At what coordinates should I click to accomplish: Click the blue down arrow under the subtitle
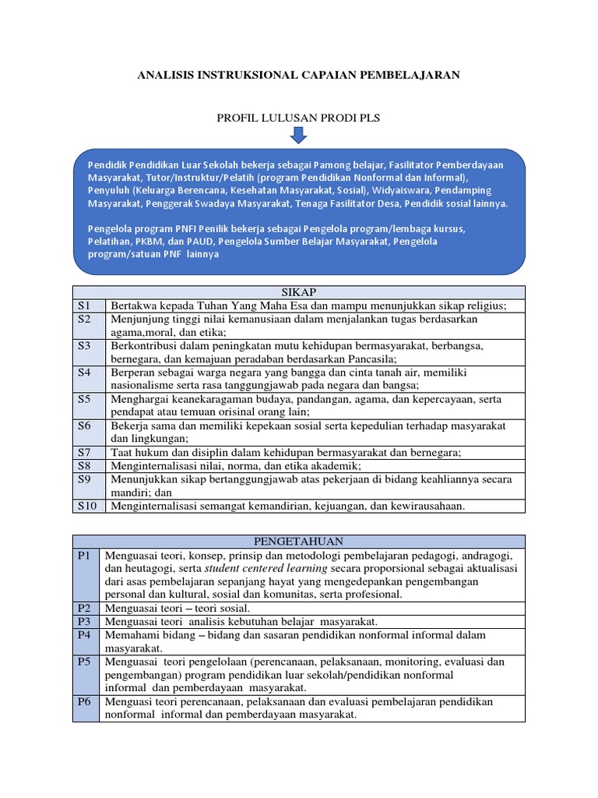tap(298, 136)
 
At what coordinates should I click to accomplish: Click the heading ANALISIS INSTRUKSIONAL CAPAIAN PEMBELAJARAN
tap(298, 76)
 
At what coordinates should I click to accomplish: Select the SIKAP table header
tap(299, 291)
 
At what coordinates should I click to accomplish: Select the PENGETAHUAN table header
tap(299, 541)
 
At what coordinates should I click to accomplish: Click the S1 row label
tap(85, 305)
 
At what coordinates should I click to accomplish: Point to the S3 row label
tap(85, 345)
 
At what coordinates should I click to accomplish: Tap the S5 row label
tap(85, 398)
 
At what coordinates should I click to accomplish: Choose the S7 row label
tap(85, 452)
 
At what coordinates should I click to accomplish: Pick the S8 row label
tap(85, 465)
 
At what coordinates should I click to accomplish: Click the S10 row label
tap(86, 506)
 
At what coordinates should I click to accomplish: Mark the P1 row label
tap(85, 555)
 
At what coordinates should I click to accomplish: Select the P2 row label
tap(85, 608)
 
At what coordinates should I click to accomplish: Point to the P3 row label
tap(85, 621)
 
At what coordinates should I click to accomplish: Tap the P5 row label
tap(85, 662)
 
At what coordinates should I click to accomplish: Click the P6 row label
tap(85, 701)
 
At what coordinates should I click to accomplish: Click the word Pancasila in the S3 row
tap(370, 358)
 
